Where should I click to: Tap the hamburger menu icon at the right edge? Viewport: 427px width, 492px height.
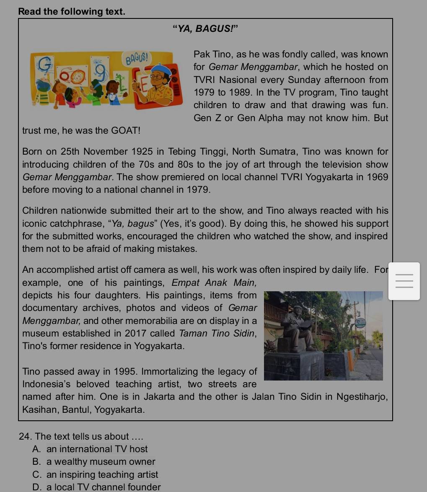tap(404, 281)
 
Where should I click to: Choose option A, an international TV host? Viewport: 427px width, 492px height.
tap(97, 449)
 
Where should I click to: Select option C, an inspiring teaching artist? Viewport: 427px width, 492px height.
tap(102, 475)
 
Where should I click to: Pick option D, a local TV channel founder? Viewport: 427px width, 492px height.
tap(104, 487)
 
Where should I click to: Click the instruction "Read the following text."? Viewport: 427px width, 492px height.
tap(72, 11)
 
